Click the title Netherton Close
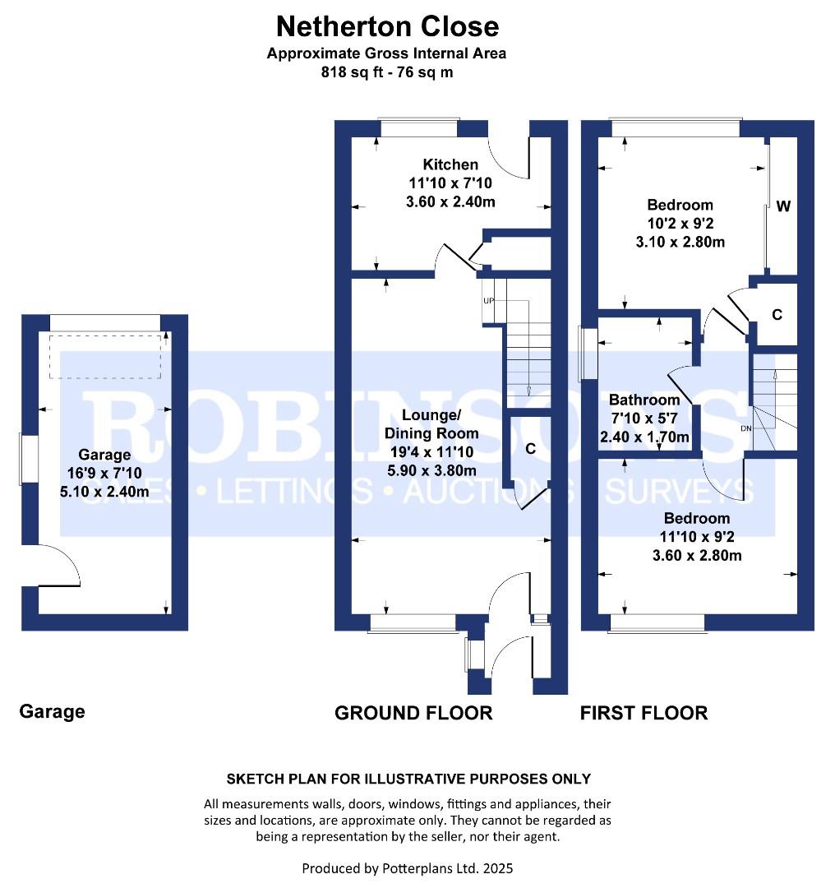(388, 26)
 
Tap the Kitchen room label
(450, 164)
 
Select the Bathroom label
(644, 400)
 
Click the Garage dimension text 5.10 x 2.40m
(104, 491)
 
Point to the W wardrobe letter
(783, 206)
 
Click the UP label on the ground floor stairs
(488, 301)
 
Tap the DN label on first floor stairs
(746, 428)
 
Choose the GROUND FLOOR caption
(413, 713)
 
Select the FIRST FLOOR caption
(644, 713)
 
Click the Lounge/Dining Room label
(431, 424)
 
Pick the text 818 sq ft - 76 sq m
(387, 72)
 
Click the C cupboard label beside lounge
(530, 449)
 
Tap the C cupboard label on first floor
(777, 315)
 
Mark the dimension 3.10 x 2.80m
(680, 242)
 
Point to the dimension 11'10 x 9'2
(697, 536)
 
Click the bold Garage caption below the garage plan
(52, 712)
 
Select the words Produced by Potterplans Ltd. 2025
(408, 868)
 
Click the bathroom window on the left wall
(588, 354)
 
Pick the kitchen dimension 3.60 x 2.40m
(450, 201)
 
